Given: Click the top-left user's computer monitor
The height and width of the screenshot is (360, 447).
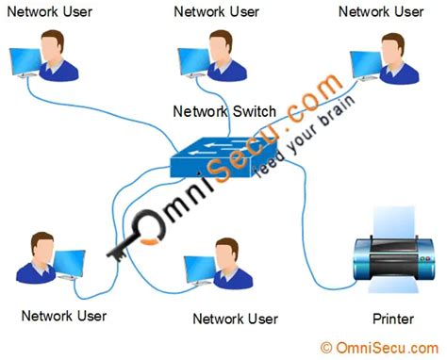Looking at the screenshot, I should [24, 64].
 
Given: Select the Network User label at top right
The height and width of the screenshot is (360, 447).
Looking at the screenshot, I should [381, 12].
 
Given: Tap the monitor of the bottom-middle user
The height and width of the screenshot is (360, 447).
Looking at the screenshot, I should [201, 271].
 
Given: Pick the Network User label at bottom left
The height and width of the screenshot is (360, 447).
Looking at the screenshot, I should [63, 316].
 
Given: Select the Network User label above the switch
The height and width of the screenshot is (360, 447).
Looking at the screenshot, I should [217, 12].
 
